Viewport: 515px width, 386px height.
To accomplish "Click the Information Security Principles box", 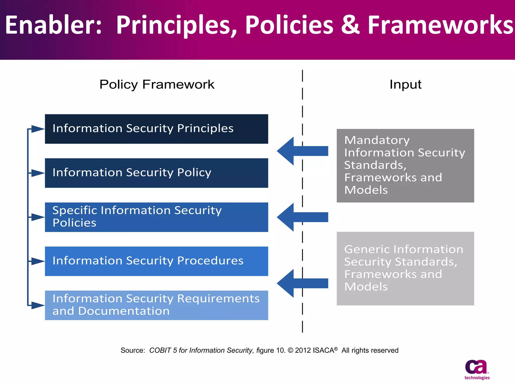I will click(x=156, y=129).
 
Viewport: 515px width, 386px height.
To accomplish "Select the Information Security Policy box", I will click(x=156, y=173).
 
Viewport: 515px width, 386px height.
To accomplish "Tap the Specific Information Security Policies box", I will click(x=156, y=217).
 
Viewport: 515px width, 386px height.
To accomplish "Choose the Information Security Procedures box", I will click(x=156, y=261).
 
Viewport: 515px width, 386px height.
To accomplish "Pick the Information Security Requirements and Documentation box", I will click(x=156, y=305).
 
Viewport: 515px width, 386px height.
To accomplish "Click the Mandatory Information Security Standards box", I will click(x=405, y=166).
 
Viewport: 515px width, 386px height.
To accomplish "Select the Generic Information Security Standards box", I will click(x=405, y=268).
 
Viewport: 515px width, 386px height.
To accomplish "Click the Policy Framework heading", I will click(x=157, y=84).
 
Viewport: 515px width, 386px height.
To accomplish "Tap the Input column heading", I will click(x=405, y=84).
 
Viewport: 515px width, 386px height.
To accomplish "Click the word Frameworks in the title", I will click(x=440, y=25).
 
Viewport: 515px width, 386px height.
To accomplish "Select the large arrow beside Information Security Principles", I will click(x=302, y=151).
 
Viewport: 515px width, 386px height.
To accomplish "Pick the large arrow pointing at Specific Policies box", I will click(x=302, y=217).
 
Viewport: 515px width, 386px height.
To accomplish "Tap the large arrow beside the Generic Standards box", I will click(x=302, y=283).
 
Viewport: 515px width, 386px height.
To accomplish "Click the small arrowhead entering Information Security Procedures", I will click(x=38, y=261).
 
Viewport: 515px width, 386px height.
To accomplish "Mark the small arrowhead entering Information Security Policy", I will click(x=38, y=173).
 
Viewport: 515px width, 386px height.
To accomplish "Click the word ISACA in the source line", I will click(x=323, y=350).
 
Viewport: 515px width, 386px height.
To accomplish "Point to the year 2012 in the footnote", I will click(x=303, y=350).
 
